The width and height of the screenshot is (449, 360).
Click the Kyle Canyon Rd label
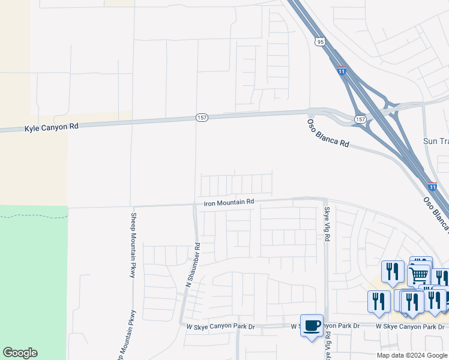click(x=52, y=128)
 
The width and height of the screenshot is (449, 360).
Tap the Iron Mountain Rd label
click(x=229, y=203)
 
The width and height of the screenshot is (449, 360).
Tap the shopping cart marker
click(x=419, y=275)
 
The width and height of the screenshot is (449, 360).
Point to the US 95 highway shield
click(x=320, y=41)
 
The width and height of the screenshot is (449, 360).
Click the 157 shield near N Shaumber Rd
click(x=202, y=118)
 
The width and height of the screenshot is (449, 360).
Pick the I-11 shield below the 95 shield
click(x=342, y=70)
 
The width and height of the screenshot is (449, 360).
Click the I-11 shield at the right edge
click(x=432, y=186)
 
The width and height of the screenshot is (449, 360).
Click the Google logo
click(x=20, y=353)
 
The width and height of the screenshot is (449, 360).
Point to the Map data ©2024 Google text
click(x=412, y=355)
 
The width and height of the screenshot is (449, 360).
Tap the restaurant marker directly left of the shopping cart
click(x=393, y=271)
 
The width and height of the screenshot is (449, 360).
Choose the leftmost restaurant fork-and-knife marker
click(x=378, y=301)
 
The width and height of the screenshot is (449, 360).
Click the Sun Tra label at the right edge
click(x=435, y=142)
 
